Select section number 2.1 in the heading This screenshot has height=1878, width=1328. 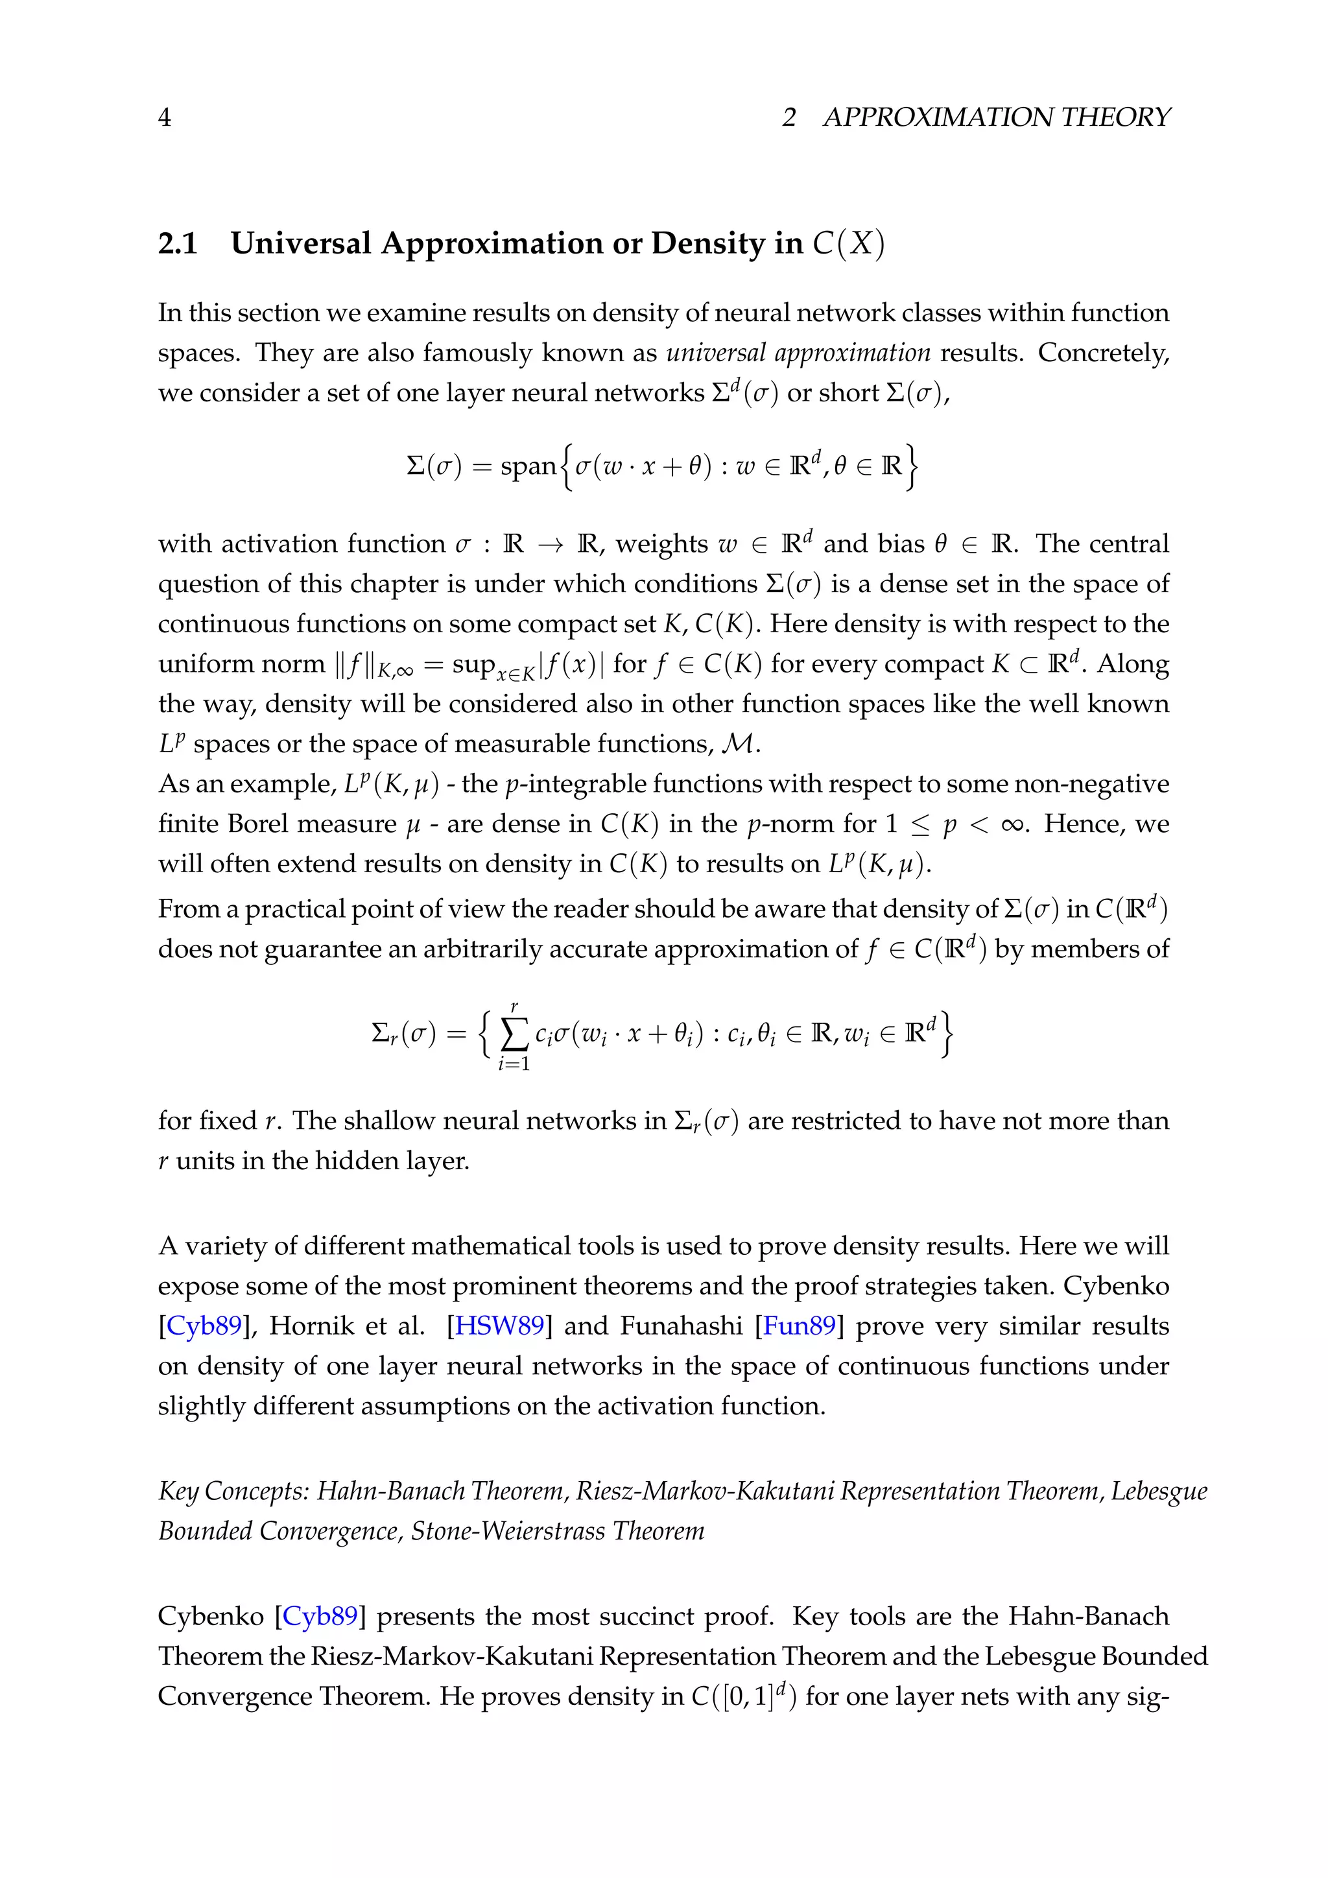178,244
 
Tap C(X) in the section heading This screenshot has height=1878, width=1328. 848,244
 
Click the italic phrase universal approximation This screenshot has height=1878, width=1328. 798,353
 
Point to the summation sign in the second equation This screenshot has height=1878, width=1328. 514,1036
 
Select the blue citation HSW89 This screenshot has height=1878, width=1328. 499,1326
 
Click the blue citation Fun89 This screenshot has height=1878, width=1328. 799,1326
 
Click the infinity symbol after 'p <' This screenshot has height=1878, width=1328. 1013,824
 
